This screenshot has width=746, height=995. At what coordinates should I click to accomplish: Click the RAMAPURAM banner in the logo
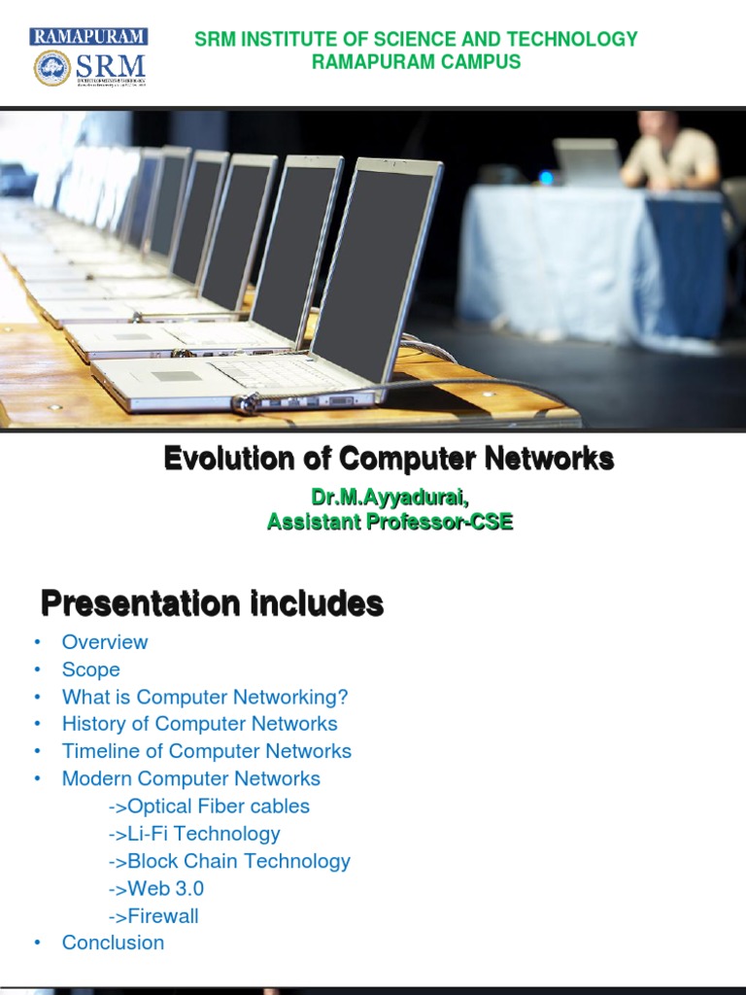(88, 37)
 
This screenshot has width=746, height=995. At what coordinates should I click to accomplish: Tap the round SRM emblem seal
(51, 68)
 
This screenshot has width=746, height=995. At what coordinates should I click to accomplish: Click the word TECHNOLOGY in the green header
(580, 40)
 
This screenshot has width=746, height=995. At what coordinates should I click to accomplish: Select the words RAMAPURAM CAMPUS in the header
(416, 62)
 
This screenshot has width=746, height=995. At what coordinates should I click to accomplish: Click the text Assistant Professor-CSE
(390, 522)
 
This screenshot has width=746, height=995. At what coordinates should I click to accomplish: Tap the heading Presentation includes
(212, 604)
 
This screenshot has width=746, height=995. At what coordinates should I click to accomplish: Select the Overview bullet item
(105, 642)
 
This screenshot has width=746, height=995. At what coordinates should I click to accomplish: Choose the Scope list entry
(91, 669)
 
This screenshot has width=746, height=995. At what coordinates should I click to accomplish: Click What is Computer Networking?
(205, 697)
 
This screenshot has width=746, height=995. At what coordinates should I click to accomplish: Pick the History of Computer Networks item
(200, 724)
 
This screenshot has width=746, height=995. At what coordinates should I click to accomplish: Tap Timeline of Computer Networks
(207, 751)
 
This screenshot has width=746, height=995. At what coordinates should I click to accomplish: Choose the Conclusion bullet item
(113, 943)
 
